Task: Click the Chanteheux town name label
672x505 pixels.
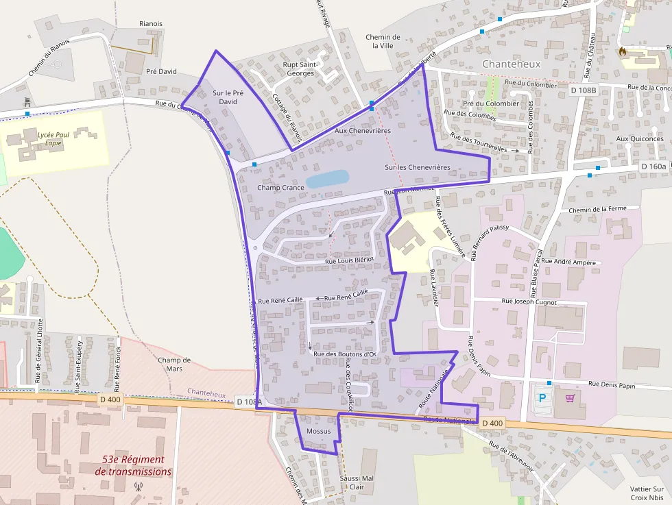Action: (x=511, y=64)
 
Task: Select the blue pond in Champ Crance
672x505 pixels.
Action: (x=327, y=180)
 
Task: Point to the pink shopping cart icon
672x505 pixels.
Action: (x=570, y=397)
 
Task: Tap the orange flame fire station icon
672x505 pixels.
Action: (x=623, y=51)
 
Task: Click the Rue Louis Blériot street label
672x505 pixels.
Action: (x=348, y=260)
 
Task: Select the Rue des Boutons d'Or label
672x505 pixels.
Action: (x=345, y=354)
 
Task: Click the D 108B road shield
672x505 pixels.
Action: (x=584, y=90)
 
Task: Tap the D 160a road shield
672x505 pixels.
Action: (x=654, y=167)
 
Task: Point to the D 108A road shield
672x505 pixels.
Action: (x=249, y=402)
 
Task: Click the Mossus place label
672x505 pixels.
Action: (x=318, y=431)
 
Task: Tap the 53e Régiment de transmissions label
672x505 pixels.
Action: (x=133, y=465)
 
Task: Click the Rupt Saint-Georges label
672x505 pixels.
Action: (x=299, y=69)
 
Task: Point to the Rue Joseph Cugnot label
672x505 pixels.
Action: (x=529, y=301)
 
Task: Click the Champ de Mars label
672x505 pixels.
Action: (x=174, y=364)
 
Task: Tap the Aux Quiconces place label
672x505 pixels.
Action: (x=640, y=138)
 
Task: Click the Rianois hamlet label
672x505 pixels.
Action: (x=150, y=23)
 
